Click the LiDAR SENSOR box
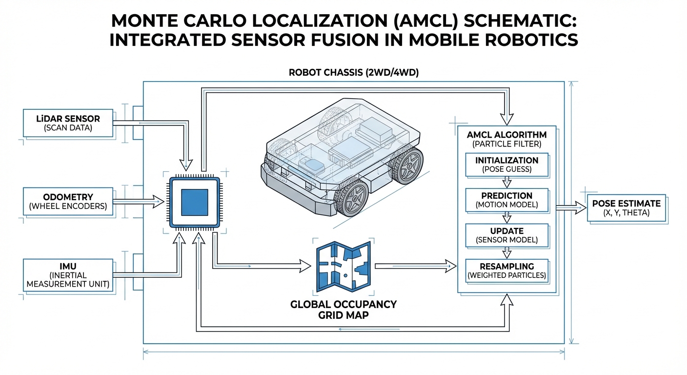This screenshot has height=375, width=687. pyautogui.click(x=68, y=123)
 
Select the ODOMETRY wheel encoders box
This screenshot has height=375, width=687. pyautogui.click(x=68, y=201)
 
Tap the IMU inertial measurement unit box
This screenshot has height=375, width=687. pyautogui.click(x=68, y=275)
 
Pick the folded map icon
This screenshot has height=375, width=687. pyautogui.click(x=343, y=267)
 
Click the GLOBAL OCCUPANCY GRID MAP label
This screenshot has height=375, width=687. pyautogui.click(x=343, y=310)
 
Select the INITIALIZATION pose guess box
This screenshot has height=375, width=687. pyautogui.click(x=506, y=165)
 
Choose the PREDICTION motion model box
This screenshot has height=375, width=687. pyautogui.click(x=506, y=200)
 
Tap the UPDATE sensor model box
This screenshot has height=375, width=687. pyautogui.click(x=506, y=235)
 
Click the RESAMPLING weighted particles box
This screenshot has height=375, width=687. pyautogui.click(x=506, y=271)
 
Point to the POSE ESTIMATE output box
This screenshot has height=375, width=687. pyautogui.click(x=626, y=208)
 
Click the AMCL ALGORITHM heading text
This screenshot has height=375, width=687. pyautogui.click(x=506, y=135)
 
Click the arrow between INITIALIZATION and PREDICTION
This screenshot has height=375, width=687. pyautogui.click(x=506, y=182)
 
